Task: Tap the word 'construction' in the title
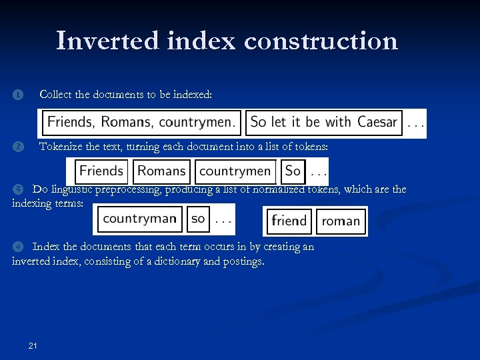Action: coord(321,41)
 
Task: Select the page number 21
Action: coord(33,345)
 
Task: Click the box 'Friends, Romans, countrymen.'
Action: coord(141,123)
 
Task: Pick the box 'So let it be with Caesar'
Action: coord(324,123)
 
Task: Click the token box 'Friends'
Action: coord(101,171)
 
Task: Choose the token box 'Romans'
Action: coord(161,171)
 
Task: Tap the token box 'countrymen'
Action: coord(235,171)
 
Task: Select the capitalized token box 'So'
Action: coord(293,171)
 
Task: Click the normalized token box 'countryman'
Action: coord(140,219)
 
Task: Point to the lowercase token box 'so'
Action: coord(198,219)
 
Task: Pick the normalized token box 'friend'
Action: coord(289,221)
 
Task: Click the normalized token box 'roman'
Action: coord(341,221)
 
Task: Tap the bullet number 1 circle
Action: coord(17,95)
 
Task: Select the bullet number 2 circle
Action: coord(17,147)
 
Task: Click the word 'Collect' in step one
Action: coord(55,95)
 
